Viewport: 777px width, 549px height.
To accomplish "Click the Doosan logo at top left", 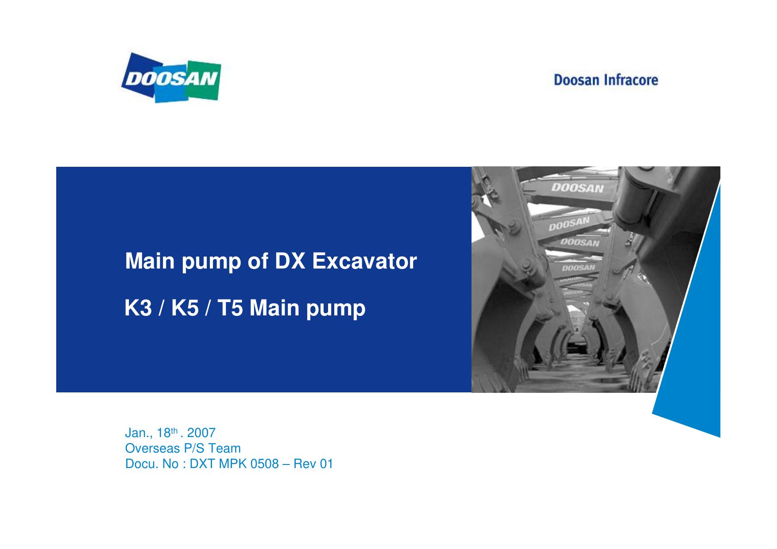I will click(x=171, y=78).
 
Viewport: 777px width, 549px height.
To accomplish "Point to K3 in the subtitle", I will click(x=138, y=308).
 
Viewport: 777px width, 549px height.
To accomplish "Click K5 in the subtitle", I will click(x=185, y=308).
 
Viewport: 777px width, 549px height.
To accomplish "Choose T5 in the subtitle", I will click(x=231, y=308).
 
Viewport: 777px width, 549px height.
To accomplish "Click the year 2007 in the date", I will click(x=201, y=433).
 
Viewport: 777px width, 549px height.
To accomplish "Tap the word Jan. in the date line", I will click(x=136, y=433).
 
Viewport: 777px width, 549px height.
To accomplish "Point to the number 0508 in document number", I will click(x=265, y=464).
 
